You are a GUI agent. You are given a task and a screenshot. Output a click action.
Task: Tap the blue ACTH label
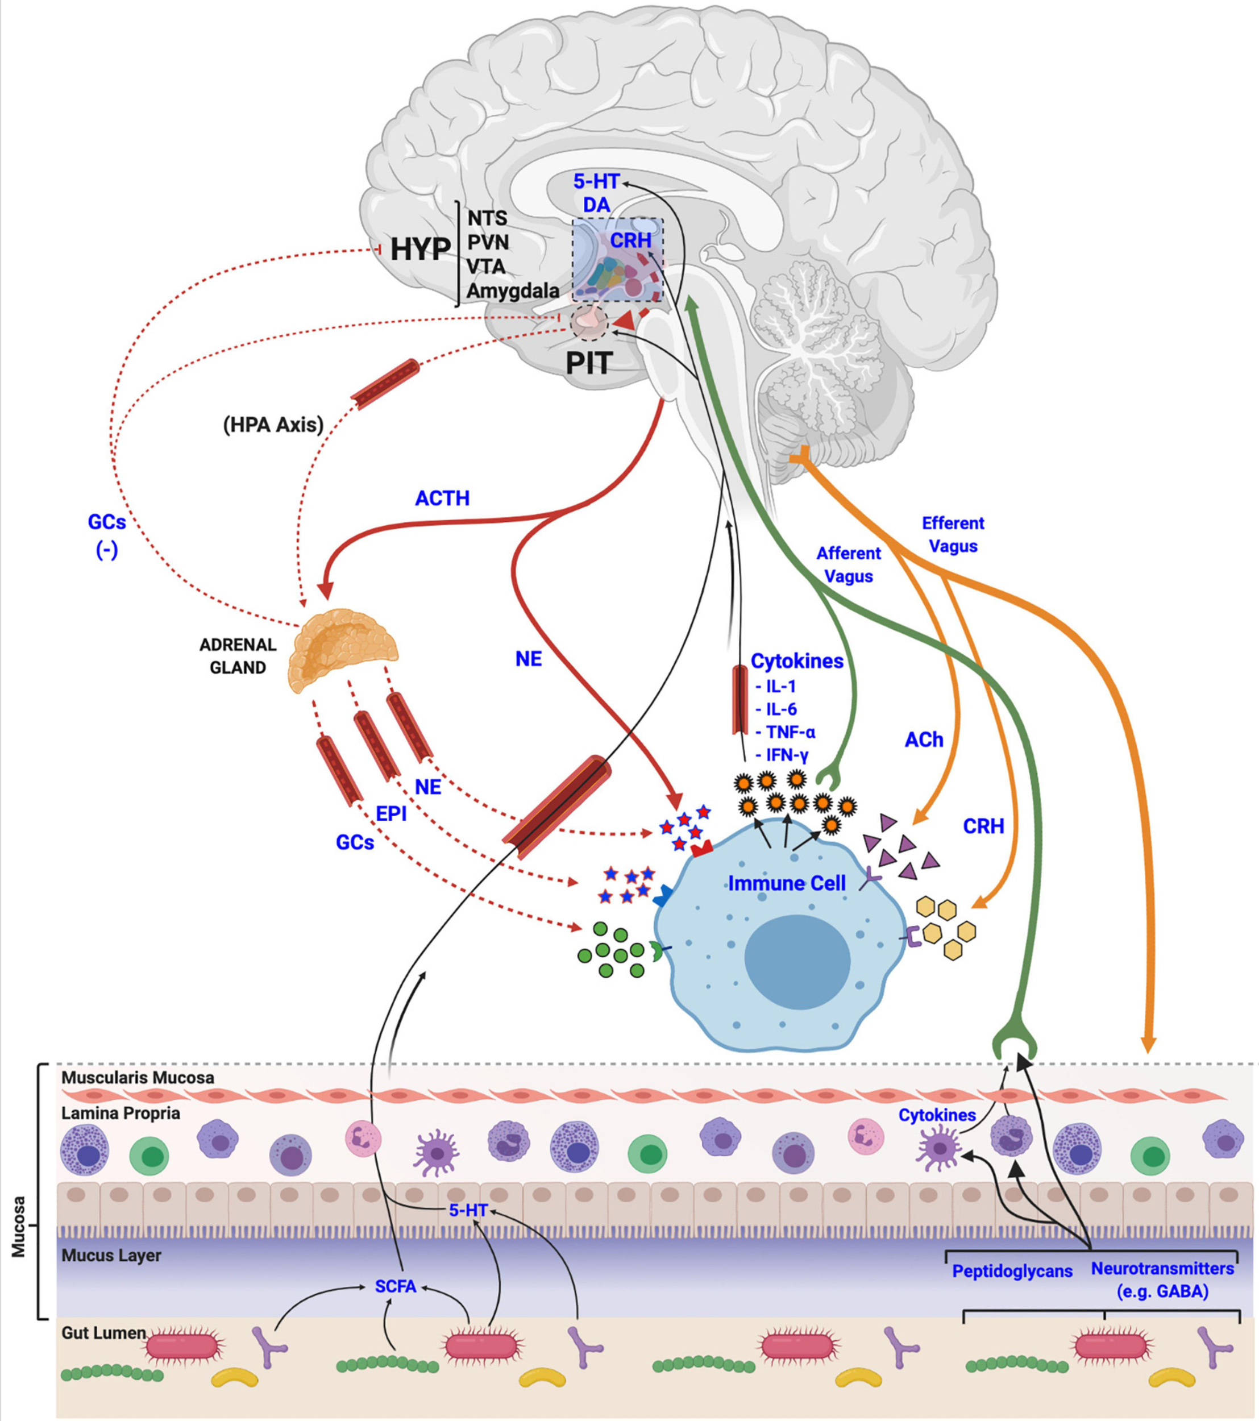(442, 498)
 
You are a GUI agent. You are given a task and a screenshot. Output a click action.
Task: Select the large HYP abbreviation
(419, 250)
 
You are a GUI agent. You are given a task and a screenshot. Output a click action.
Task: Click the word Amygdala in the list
(512, 290)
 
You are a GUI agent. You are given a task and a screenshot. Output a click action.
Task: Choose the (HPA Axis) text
(273, 425)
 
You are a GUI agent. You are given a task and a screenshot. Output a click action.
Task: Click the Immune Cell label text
(786, 884)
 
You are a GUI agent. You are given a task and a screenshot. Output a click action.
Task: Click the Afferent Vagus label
(848, 564)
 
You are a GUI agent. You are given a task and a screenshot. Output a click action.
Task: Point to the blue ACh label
(923, 739)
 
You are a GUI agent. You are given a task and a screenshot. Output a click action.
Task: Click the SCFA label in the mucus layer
(396, 1286)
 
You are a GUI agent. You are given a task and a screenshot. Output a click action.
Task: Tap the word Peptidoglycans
(1012, 1272)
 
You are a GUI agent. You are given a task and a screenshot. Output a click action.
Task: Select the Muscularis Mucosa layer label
(138, 1078)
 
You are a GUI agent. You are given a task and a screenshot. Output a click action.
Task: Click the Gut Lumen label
(103, 1333)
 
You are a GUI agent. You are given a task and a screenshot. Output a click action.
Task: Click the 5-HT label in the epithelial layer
(468, 1210)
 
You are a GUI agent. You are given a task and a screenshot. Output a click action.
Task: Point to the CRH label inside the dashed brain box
(630, 240)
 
